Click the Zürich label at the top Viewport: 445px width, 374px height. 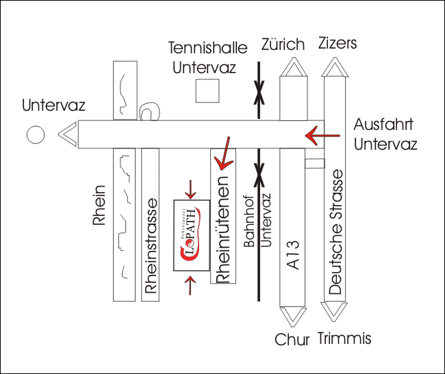283,45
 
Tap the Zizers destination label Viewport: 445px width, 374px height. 338,44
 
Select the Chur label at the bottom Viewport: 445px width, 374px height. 293,340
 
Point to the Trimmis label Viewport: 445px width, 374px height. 344,338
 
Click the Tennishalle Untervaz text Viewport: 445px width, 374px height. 204,58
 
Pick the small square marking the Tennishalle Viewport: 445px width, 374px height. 207,91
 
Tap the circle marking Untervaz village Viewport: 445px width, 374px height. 35,135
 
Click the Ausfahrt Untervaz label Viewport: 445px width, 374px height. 385,135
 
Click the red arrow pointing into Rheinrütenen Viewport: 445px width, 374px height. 222,153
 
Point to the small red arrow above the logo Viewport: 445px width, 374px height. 191,187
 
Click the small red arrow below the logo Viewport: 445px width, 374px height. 191,285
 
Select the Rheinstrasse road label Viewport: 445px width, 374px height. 151,250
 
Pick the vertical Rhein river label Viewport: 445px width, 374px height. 100,205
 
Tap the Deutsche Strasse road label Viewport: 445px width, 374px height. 335,233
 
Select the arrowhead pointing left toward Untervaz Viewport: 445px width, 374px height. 67,135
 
